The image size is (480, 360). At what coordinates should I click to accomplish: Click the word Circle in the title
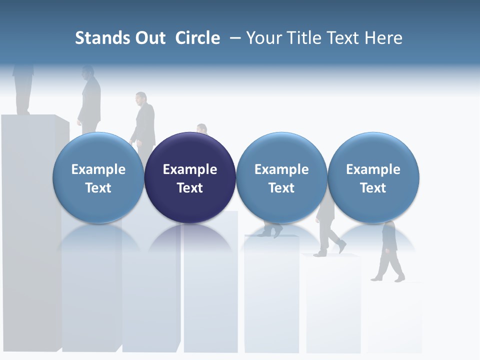tap(197, 38)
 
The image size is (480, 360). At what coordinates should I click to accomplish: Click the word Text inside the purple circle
tap(190, 188)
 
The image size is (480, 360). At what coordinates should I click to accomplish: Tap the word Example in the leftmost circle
tap(98, 169)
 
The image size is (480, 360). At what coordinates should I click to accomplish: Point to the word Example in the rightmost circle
tap(373, 169)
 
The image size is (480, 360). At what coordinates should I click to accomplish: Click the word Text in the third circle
tap(281, 188)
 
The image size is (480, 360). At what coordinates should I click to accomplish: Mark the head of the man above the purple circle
tap(201, 128)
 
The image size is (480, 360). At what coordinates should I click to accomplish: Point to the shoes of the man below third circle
tap(272, 231)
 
